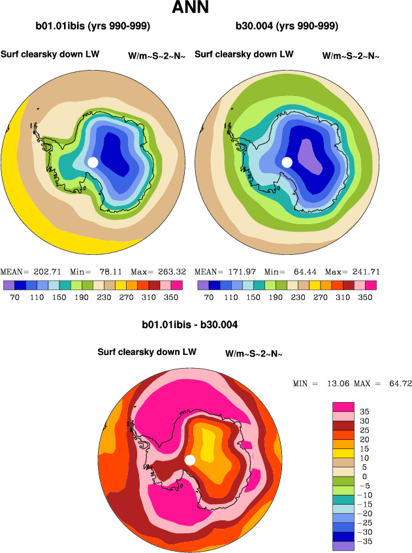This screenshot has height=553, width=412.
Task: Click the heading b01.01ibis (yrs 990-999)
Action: point(93,27)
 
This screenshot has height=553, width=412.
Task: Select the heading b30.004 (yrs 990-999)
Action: point(287,27)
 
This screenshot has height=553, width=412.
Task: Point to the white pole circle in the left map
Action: point(93,162)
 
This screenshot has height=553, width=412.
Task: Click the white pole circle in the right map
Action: point(287,162)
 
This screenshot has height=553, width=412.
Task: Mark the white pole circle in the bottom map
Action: point(190,460)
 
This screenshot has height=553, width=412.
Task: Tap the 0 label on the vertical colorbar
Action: point(365,477)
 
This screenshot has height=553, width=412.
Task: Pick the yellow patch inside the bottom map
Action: point(208,447)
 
